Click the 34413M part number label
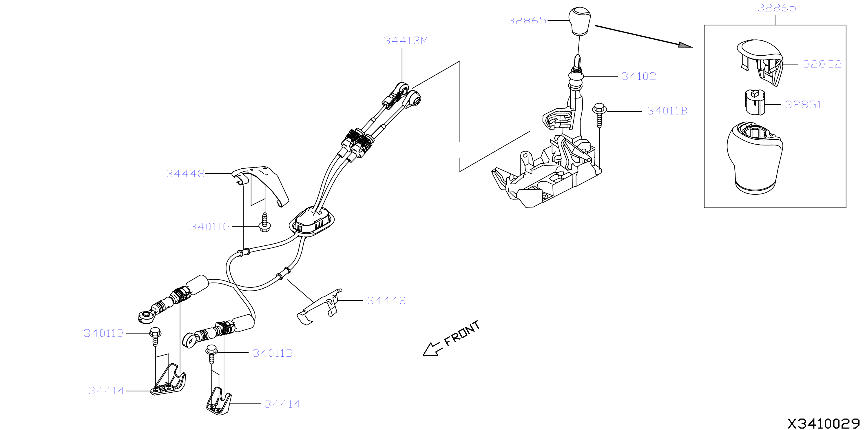406,41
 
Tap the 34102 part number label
638,76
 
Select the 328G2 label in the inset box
822,64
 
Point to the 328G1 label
803,105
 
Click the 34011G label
210,227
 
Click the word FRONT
462,333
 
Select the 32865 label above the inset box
777,8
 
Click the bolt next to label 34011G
264,223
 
